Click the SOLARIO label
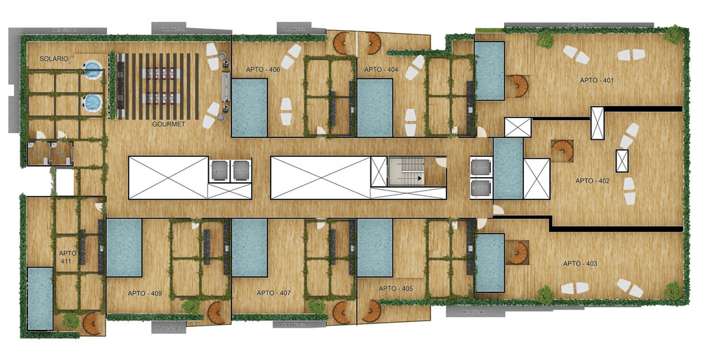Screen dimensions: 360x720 click(54, 59)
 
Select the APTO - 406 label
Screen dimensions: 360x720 click(263, 70)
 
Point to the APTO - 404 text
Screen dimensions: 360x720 click(381, 70)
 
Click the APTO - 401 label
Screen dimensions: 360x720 click(597, 80)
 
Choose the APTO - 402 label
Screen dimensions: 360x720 click(592, 181)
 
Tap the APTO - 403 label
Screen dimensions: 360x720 click(580, 264)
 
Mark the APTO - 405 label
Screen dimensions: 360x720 click(395, 289)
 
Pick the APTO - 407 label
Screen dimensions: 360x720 click(274, 292)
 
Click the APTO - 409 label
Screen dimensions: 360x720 click(145, 293)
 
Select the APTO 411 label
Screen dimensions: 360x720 click(67, 257)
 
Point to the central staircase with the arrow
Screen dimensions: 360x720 click(407, 172)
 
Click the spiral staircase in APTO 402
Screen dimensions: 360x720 click(562, 152)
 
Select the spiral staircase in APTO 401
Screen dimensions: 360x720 click(517, 87)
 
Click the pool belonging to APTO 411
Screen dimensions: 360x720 click(40, 298)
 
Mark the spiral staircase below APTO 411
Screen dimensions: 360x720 click(92, 323)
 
